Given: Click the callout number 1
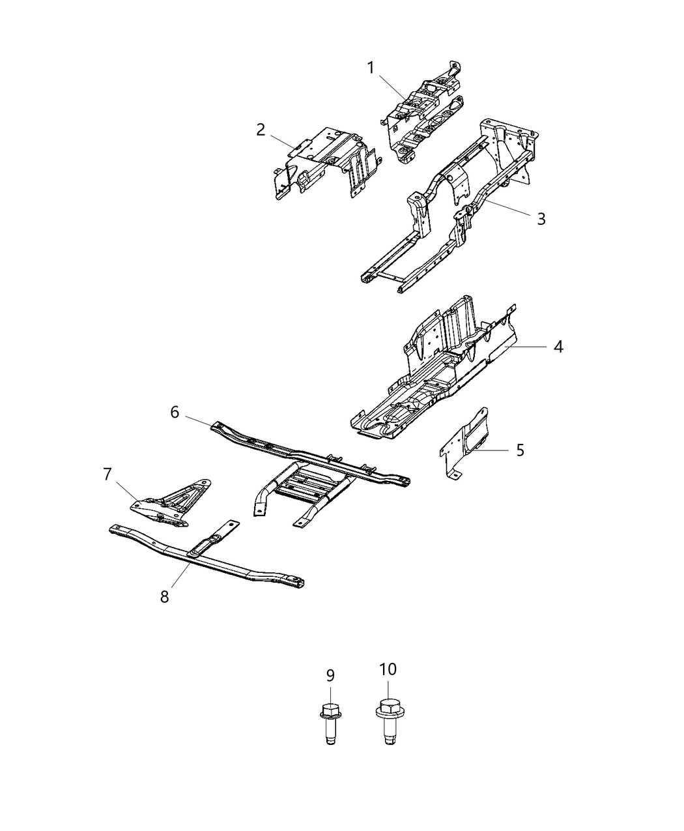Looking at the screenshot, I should pos(371,68).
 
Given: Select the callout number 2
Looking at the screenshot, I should pos(261,129).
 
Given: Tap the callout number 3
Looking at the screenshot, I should pos(541,218).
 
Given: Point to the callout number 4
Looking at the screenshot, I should pos(558,346).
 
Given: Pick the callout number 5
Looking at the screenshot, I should pos(520,450).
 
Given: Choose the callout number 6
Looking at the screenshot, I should pos(175,412).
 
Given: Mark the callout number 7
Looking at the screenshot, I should pos(107,474).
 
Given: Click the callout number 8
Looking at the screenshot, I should pos(165,596).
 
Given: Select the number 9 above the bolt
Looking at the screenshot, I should pos(330,676).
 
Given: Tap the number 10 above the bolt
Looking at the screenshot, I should pos(388,669).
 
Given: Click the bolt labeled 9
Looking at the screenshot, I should pos(330,720).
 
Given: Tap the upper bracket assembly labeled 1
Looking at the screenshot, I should pos(423,111).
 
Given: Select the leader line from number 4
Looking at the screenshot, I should pos(528,347).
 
